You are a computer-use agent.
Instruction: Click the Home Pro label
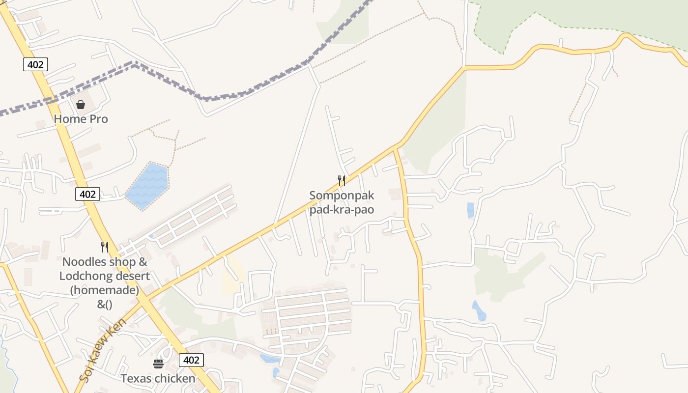tap(81, 119)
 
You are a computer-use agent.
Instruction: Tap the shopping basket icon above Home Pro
tap(81, 105)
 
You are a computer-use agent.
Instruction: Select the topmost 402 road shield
tap(35, 64)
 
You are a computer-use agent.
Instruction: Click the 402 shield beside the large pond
tap(87, 194)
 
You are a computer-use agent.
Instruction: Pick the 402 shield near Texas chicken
tap(191, 360)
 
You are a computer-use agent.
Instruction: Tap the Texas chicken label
tap(158, 378)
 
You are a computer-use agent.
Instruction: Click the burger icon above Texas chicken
tap(158, 364)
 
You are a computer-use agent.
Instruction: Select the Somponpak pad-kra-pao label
tap(342, 202)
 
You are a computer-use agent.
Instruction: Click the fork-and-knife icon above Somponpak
tap(342, 181)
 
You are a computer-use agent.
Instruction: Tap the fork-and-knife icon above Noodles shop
tap(104, 247)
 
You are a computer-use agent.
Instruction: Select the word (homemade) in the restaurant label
tap(105, 290)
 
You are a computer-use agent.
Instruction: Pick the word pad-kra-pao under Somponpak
tap(342, 210)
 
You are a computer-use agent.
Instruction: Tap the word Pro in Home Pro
tap(99, 119)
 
